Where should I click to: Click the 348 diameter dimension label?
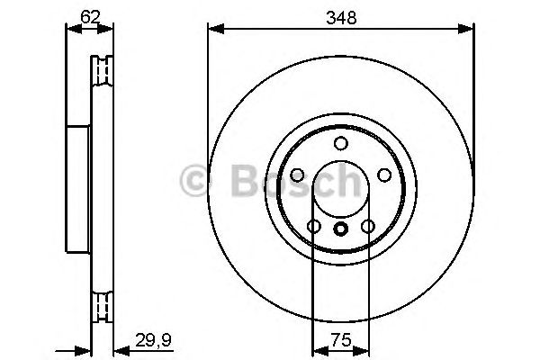click(x=340, y=15)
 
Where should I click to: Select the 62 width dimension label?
click(x=90, y=14)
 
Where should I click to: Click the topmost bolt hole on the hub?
click(x=340, y=144)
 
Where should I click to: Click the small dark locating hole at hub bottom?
click(x=340, y=229)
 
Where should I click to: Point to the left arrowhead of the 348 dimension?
click(x=213, y=29)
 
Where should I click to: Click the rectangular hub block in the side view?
click(x=79, y=188)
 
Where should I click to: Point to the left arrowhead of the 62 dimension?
click(x=70, y=29)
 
